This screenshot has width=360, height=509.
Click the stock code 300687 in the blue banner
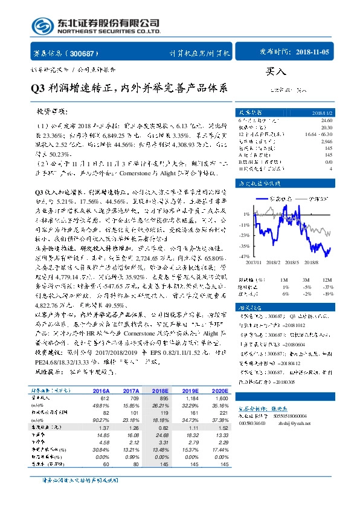[86, 53]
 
